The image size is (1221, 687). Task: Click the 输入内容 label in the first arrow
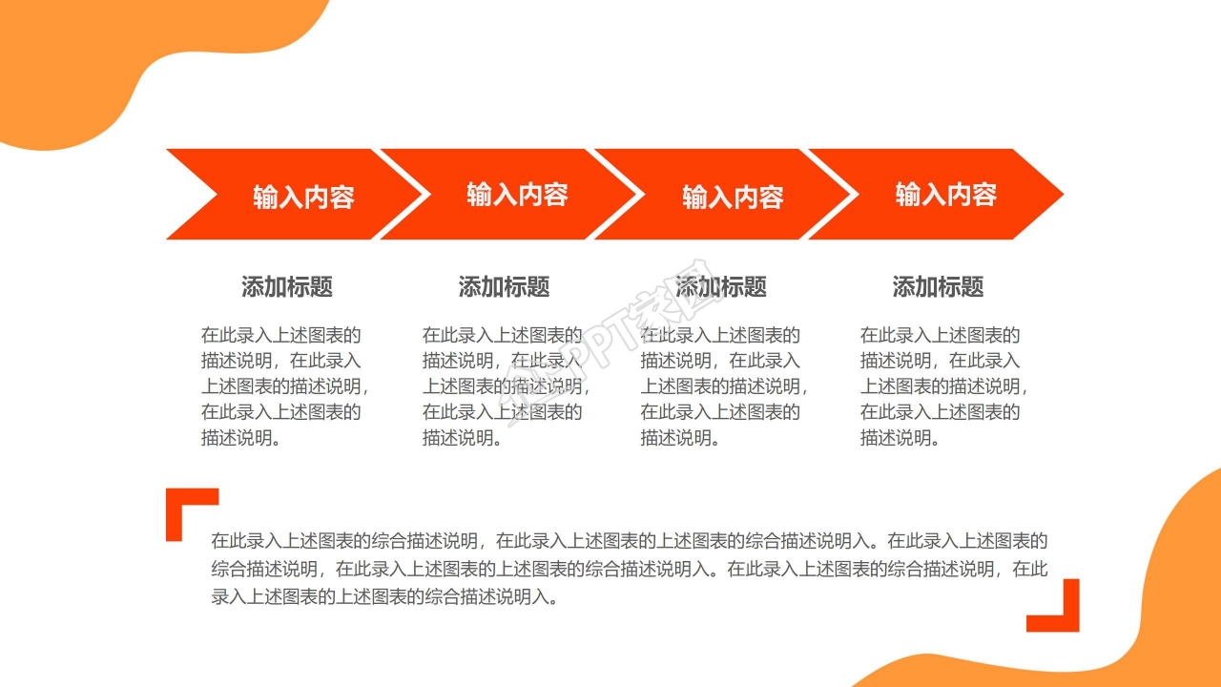pyautogui.click(x=303, y=197)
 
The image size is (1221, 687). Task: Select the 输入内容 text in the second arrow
pyautogui.click(x=517, y=195)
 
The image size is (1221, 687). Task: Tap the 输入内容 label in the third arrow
pyautogui.click(x=733, y=197)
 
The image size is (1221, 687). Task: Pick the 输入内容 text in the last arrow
pyautogui.click(x=945, y=195)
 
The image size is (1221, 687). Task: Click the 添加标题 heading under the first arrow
pyautogui.click(x=287, y=286)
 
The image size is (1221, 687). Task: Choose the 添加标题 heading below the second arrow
pyautogui.click(x=504, y=286)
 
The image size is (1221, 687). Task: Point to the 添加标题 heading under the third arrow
pyautogui.click(x=721, y=286)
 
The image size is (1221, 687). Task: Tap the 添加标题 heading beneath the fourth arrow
pyautogui.click(x=938, y=286)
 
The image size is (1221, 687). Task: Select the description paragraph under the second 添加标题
pyautogui.click(x=504, y=386)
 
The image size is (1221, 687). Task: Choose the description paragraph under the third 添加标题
pyautogui.click(x=722, y=386)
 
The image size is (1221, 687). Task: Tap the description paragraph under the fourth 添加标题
pyautogui.click(x=942, y=386)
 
